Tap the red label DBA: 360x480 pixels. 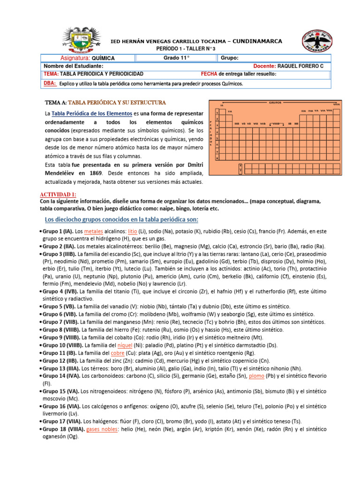click(49, 83)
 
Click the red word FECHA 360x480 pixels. click(209, 74)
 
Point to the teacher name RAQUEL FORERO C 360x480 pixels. click(300, 66)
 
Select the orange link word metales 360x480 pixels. click(94, 232)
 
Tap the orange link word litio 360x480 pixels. click(132, 232)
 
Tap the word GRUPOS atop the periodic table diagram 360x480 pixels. click(276, 101)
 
